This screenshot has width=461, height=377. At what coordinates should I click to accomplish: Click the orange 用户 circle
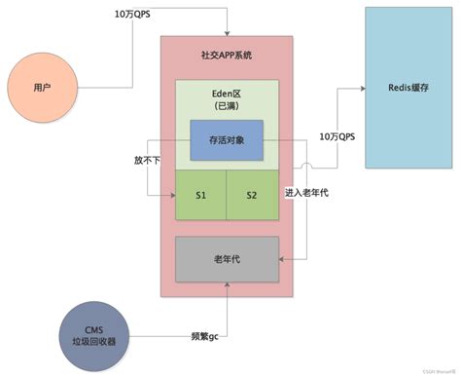[x=42, y=88]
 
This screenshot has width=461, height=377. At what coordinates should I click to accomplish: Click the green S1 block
[x=200, y=195]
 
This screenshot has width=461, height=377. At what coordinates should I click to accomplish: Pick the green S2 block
[x=252, y=195]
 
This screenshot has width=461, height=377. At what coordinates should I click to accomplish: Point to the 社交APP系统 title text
[x=227, y=56]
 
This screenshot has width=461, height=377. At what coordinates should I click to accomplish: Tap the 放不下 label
[x=147, y=158]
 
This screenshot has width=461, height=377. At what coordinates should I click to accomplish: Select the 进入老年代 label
[x=307, y=193]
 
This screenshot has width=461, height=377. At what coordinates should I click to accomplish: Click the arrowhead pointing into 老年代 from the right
[x=283, y=259]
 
